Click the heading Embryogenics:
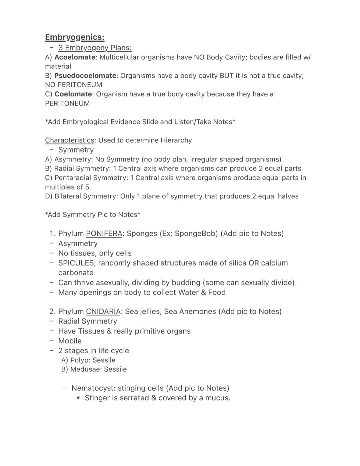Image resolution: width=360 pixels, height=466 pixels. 75,37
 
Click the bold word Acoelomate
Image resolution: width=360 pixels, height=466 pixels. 75,57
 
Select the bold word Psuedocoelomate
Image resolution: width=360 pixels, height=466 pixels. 85,76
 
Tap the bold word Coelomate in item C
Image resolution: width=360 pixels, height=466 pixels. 73,94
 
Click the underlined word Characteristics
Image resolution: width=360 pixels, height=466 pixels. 69,140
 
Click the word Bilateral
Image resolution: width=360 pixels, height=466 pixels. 68,196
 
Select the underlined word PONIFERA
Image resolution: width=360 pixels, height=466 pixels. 104,234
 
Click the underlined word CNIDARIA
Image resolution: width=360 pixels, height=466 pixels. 103,312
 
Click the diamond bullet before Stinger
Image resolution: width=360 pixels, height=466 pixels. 78,398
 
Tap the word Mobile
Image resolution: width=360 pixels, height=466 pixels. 70,341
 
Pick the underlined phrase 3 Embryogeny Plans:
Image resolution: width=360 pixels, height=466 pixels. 95,48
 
